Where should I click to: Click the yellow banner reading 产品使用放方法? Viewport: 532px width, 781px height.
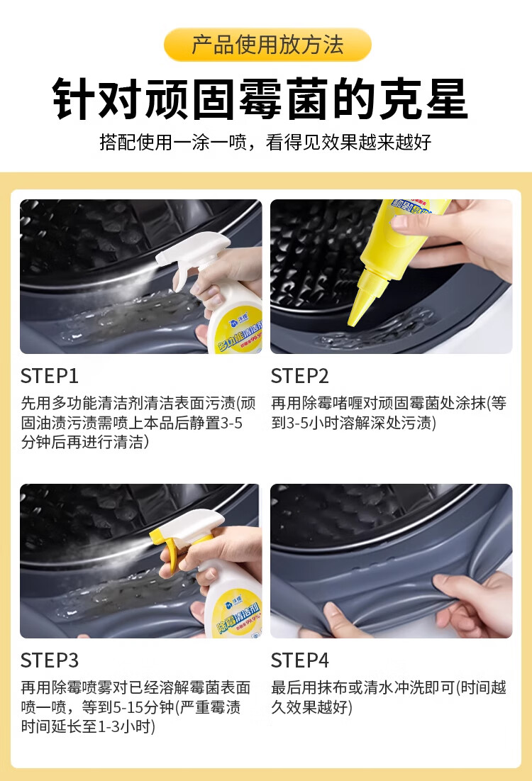point(267,45)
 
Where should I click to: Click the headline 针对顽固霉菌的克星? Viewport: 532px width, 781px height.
point(260,99)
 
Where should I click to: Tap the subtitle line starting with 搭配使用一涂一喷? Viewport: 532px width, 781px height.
point(265,143)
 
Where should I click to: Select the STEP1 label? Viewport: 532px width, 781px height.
point(50,376)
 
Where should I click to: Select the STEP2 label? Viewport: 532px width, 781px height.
point(300,376)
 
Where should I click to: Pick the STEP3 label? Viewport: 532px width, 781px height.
point(50,660)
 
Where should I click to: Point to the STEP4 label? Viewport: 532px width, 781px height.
point(300,660)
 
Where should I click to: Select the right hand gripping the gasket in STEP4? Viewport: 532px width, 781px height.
point(473,599)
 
